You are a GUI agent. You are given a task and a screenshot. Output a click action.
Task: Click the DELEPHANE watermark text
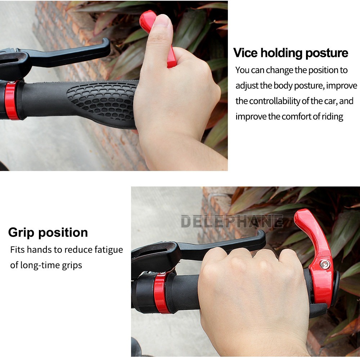[232, 221]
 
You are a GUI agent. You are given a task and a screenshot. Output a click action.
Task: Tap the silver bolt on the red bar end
[325, 265]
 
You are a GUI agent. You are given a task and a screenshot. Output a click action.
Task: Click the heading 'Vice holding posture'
[291, 53]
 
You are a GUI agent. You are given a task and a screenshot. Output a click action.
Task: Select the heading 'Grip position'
[48, 233]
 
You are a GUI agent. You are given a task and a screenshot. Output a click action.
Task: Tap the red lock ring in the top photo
[12, 100]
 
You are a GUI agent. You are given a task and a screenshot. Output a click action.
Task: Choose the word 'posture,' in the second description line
[309, 86]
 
